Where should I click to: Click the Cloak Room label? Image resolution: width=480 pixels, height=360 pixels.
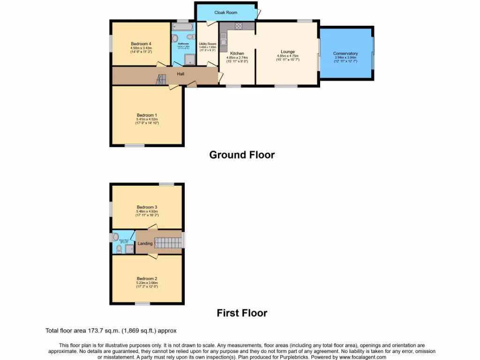(226, 13)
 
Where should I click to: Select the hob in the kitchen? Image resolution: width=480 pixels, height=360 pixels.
(238, 26)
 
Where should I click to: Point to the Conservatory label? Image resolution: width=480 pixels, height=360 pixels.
(345, 53)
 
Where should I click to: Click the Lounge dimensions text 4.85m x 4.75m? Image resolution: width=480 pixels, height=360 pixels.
(287, 56)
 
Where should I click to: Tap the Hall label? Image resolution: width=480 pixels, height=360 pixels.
(180, 74)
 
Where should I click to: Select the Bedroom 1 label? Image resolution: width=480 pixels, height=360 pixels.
(146, 115)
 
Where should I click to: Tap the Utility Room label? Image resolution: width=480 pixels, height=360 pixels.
(208, 44)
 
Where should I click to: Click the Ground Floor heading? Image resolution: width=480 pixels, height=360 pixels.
(241, 155)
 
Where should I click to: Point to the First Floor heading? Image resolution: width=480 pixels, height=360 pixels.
(242, 313)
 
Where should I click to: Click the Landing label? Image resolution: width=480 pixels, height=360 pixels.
(145, 243)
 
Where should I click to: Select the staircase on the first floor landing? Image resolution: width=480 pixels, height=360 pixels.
(167, 242)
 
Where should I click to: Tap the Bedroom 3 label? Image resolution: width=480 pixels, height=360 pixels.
(146, 207)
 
